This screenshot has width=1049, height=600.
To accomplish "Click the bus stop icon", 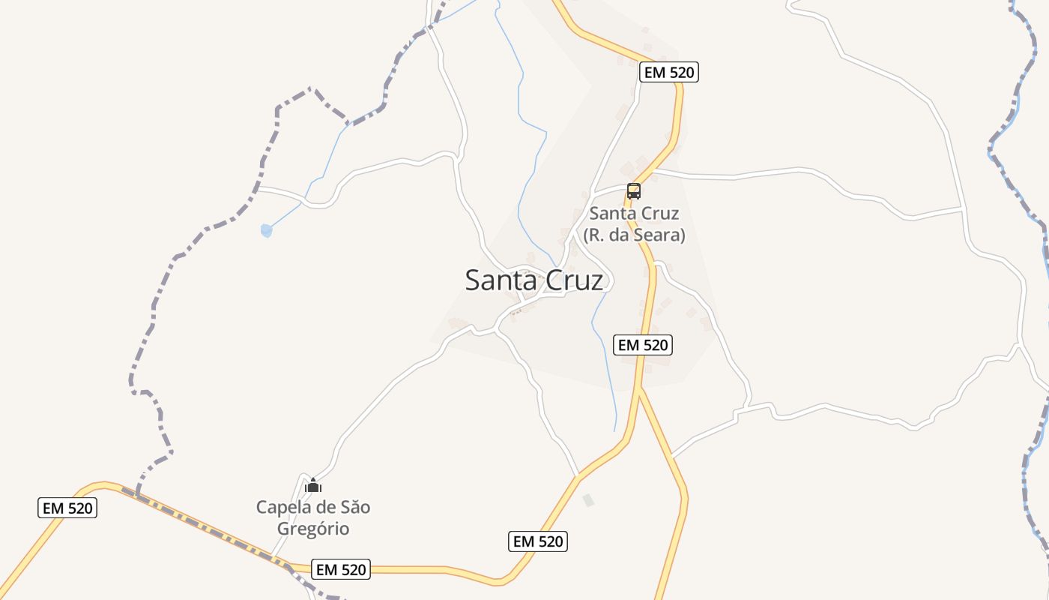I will pos(634,190).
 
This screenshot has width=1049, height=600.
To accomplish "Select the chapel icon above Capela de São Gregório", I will pos(313,486).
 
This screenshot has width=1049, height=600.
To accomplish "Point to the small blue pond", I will pos(266,231).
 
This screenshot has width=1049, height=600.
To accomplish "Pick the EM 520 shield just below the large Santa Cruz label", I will pos(642,345).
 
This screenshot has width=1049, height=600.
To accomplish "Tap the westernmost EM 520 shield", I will pos(67,508).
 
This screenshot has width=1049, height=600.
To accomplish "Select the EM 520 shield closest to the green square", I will pos(538,541).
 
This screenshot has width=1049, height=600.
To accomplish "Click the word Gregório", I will pos(313,529).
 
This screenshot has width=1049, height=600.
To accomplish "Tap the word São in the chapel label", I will pos(355,508).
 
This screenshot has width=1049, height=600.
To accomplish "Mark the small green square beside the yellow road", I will pos(588,499).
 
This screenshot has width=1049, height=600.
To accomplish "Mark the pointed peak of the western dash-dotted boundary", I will pos(310,88).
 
